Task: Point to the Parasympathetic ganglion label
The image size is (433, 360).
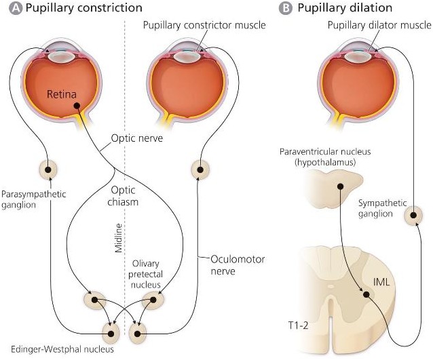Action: pyautogui.click(x=33, y=199)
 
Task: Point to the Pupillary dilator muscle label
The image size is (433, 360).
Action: pyautogui.click(x=379, y=26)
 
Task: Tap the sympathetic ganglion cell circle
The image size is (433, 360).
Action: pyautogui.click(x=413, y=216)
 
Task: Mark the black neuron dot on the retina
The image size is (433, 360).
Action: pyautogui.click(x=77, y=106)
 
